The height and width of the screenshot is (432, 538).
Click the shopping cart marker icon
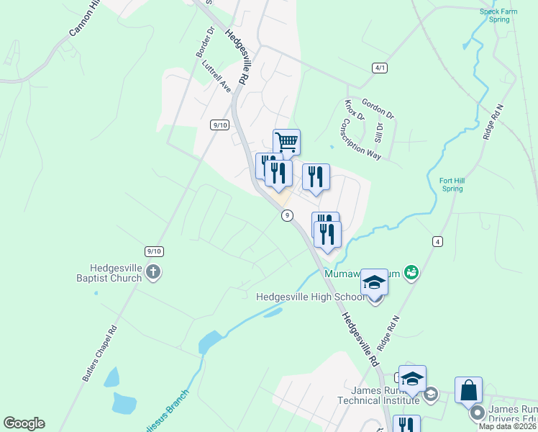pos(286,142)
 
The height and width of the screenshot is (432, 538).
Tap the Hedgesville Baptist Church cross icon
pos(152,272)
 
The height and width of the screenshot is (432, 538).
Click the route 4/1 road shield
pos(380,68)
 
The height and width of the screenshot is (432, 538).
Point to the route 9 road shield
pos(287,215)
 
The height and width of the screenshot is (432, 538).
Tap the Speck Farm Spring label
pos(500,15)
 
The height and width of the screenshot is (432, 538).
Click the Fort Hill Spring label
pos(452,184)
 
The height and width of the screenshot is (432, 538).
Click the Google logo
pos(24,423)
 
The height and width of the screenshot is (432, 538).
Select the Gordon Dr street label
pos(378,109)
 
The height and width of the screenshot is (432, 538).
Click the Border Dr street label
pos(206,42)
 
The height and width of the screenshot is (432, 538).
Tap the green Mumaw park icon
pos(411,272)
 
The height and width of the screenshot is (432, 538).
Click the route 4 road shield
pos(437,240)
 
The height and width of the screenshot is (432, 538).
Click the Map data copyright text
pos(508,426)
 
